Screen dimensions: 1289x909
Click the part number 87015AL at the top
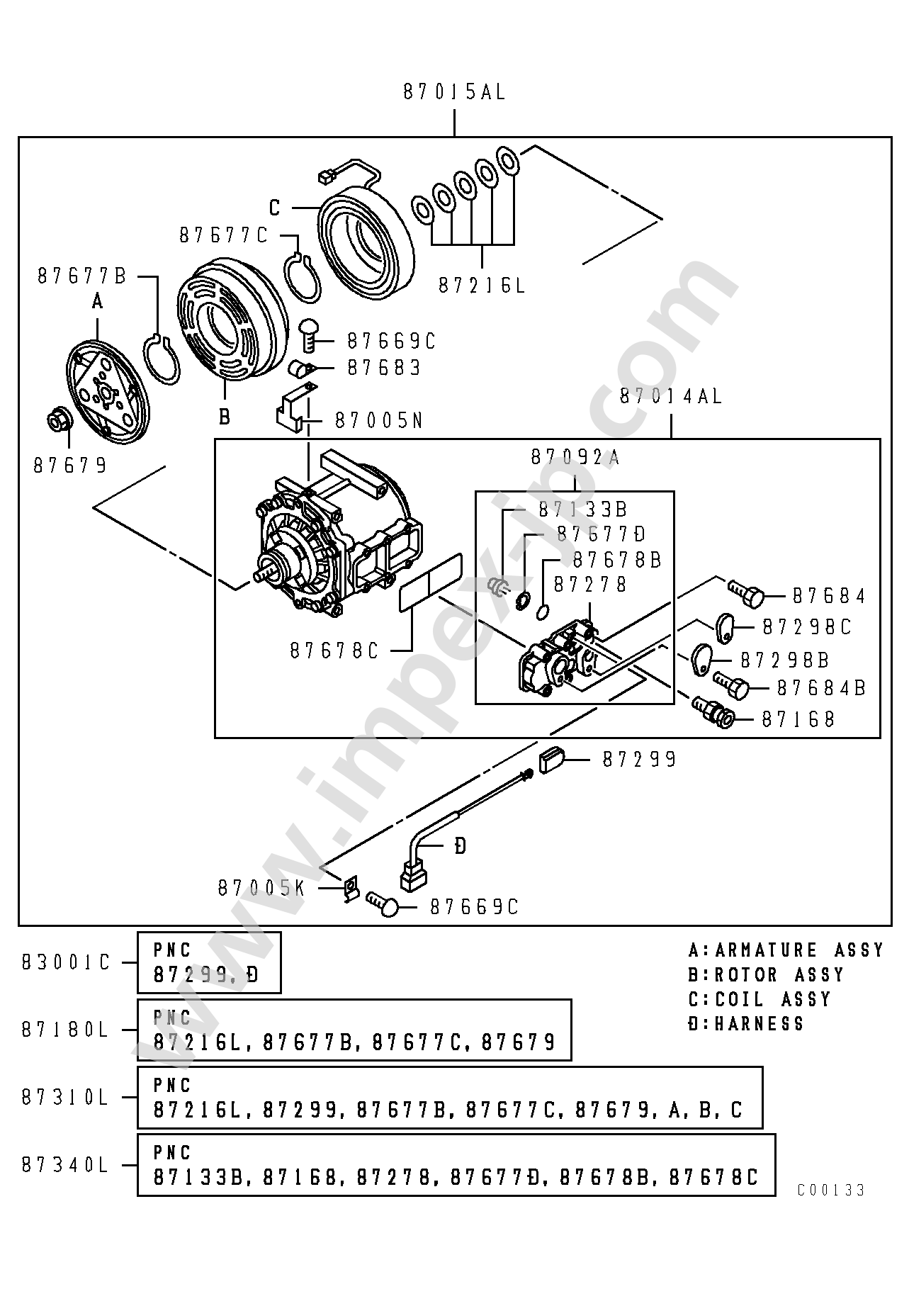coord(454,93)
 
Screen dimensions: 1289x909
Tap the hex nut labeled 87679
coord(57,420)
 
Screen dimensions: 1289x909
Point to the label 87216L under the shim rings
coord(482,286)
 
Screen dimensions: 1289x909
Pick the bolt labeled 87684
coord(745,594)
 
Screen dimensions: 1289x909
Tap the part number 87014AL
coord(670,397)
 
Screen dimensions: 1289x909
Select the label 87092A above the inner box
coord(575,458)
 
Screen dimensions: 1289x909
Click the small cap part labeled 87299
coord(552,760)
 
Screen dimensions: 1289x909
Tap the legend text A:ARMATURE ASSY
coord(786,950)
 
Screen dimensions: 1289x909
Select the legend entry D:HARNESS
coord(745,1024)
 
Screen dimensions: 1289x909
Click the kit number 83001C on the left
coord(66,963)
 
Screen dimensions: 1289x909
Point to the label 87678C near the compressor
coord(334,651)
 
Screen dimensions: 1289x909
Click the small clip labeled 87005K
coord(349,890)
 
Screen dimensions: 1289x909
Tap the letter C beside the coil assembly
coord(275,208)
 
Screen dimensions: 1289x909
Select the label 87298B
coord(784,661)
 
